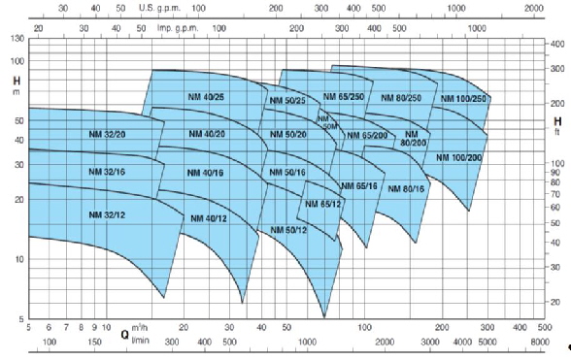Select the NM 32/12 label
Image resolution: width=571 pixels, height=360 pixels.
pyautogui.click(x=108, y=214)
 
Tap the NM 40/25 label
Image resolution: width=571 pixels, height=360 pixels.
pyautogui.click(x=207, y=98)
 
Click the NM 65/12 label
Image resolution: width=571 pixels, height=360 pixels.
pyautogui.click(x=322, y=204)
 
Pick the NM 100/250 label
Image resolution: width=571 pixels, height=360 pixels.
pyautogui.click(x=463, y=99)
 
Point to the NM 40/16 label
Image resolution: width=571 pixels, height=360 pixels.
pyautogui.click(x=206, y=172)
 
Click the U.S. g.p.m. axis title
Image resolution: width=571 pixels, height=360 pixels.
pyautogui.click(x=159, y=6)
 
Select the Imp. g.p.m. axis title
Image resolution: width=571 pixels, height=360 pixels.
pyautogui.click(x=159, y=28)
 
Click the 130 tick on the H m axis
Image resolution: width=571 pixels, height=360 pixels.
pyautogui.click(x=17, y=38)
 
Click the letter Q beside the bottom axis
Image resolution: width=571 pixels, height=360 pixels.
pyautogui.click(x=124, y=335)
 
